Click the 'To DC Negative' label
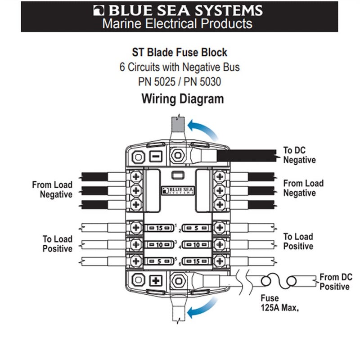pos(299,155)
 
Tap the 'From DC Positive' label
pos(336,282)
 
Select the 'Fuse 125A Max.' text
pos(279,303)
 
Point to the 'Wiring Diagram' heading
pos(182,98)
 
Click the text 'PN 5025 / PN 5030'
pos(180,82)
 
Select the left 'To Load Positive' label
pos(57,243)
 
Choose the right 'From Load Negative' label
pos(303,188)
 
